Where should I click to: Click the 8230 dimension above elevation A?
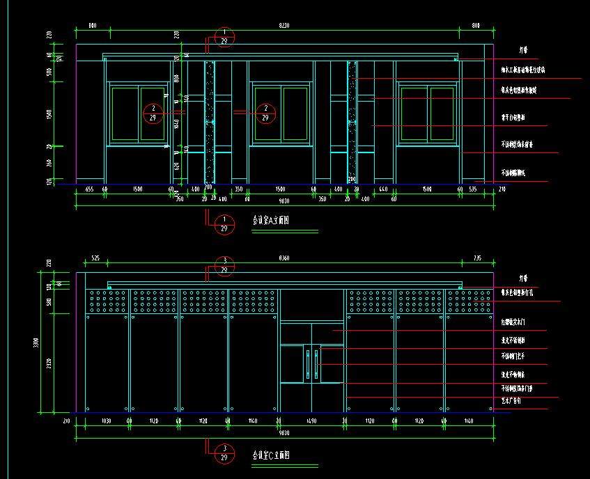(284, 25)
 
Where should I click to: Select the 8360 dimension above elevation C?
(284, 258)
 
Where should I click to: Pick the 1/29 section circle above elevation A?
(224, 37)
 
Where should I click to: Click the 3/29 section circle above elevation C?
(224, 265)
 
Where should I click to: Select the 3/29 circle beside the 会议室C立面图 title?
(224, 453)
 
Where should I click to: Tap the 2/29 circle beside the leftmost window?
(153, 113)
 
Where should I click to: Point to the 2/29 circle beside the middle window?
(265, 113)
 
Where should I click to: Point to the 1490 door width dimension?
(312, 421)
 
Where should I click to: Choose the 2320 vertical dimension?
(49, 363)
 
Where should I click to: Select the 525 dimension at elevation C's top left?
(96, 258)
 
